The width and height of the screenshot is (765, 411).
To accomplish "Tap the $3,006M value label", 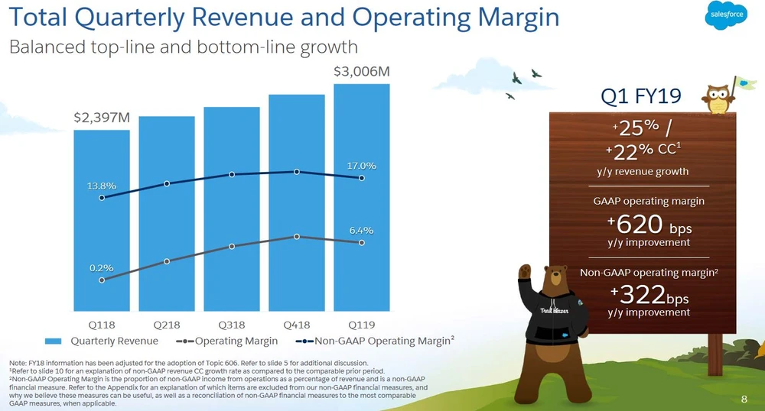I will [362, 72].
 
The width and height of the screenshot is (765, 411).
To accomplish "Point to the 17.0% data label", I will [362, 165].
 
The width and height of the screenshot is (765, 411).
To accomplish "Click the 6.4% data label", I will [362, 230].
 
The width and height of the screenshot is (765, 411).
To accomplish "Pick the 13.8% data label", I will [101, 186].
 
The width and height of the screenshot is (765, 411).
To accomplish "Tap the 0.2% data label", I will [101, 267].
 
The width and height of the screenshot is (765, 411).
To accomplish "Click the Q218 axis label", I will [167, 324].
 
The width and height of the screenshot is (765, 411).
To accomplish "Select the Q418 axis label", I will [297, 324].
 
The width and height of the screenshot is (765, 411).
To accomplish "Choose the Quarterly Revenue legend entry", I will [103, 341].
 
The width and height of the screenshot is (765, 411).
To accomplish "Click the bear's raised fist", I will [526, 271].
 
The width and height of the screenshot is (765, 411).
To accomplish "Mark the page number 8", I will [744, 399].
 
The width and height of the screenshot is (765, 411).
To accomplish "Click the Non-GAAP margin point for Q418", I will [297, 172].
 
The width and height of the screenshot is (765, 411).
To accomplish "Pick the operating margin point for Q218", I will [167, 261].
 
